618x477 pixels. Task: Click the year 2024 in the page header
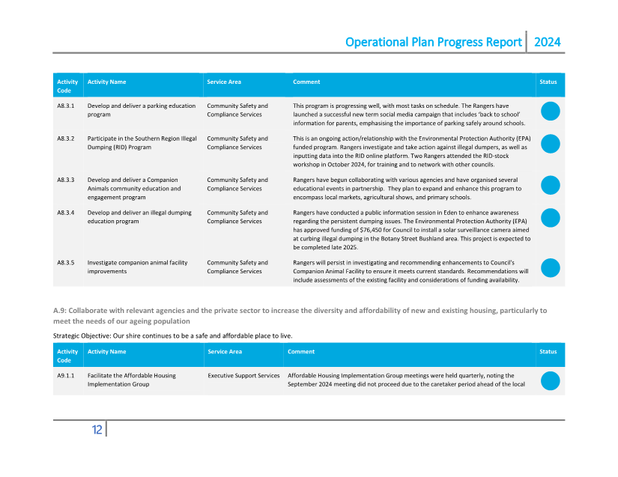coord(547,42)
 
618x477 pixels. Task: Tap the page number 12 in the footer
coord(97,429)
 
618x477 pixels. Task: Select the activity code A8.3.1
coord(65,106)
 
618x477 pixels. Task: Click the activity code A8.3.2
coord(65,139)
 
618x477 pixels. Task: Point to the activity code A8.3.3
coord(65,180)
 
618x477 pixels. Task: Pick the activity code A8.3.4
coord(65,213)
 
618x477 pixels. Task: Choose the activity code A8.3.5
coord(65,263)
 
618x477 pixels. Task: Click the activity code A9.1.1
coord(65,375)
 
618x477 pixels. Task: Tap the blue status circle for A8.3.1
coord(550,111)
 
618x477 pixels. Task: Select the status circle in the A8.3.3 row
coord(550,185)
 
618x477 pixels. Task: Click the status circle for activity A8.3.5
coord(550,268)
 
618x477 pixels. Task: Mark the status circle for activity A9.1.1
coord(550,380)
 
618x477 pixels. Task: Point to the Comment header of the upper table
coord(306,82)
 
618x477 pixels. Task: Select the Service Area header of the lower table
coord(224,351)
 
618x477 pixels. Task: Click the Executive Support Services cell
coord(243,375)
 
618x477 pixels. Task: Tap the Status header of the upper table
coord(548,82)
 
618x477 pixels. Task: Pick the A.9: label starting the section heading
coord(61,310)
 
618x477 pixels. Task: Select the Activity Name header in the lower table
coord(106,351)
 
